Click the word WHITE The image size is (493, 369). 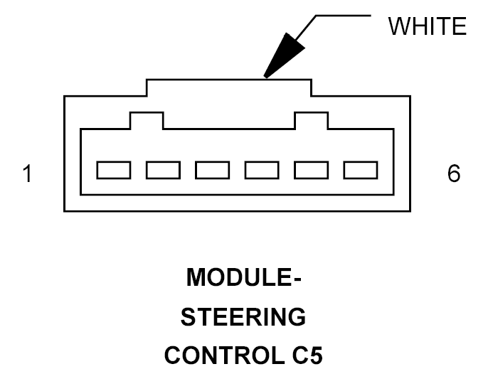tap(427, 27)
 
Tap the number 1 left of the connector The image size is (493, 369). tap(27, 174)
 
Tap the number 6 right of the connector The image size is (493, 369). tap(454, 174)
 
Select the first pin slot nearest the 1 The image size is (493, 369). tap(113, 170)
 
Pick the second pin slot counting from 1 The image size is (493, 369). tap(162, 170)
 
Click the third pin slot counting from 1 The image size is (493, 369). tap(212, 170)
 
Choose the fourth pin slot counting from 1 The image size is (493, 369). tap(261, 170)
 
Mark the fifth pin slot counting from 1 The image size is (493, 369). tap(311, 170)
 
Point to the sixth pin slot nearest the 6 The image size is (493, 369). tap(360, 170)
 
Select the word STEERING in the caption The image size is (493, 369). tap(244, 316)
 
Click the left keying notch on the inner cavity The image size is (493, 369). tap(147, 120)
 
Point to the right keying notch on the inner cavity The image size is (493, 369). tap(312, 120)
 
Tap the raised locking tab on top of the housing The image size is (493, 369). tap(229, 87)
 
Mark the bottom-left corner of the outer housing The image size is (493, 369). tap(65, 210)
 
